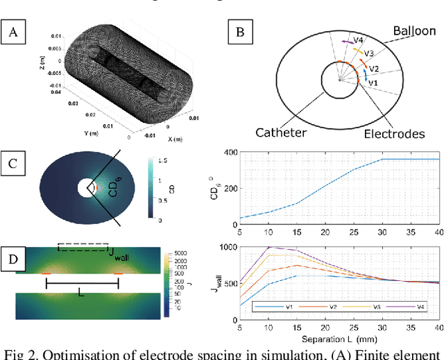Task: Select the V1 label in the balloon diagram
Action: tap(373, 83)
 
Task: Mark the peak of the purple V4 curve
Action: tap(269, 247)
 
